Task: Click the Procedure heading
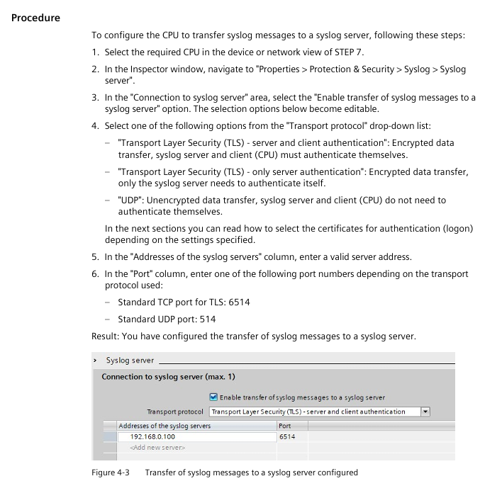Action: click(35, 18)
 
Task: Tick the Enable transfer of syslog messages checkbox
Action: click(213, 397)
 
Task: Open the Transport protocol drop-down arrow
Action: click(425, 412)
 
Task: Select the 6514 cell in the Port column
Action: click(287, 437)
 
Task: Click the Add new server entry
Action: click(157, 448)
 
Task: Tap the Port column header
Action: click(285, 426)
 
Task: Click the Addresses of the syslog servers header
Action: click(164, 426)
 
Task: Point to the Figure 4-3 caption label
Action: click(108, 472)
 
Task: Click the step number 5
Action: click(94, 256)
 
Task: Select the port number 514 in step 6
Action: click(207, 319)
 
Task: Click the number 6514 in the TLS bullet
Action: click(238, 302)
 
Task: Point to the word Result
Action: click(105, 336)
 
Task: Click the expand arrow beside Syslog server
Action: click(95, 361)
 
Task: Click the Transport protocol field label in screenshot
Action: click(174, 412)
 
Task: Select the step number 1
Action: click(94, 52)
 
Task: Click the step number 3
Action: click(94, 98)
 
